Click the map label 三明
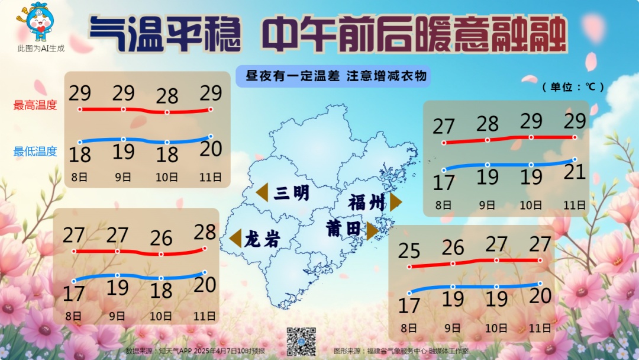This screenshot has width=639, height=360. pos(292,192)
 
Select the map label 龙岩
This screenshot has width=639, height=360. pos(262,239)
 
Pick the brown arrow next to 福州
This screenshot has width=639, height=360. pos(395,202)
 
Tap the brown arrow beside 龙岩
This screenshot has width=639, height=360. pos(235,238)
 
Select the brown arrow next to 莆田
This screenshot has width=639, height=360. pos(372,230)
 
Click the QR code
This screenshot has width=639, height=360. pos(301,341)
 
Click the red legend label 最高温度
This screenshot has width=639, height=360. pos(35,105)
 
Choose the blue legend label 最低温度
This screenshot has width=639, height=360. pos(35,151)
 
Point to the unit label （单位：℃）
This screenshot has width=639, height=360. pos(573,86)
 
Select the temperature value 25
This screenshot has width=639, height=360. pos(409,251)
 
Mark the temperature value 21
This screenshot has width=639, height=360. pos(574,172)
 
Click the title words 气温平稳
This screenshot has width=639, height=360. pos(165,34)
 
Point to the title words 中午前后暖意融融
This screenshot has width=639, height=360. pos(414,34)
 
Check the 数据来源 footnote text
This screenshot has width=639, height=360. pos(195,351)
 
